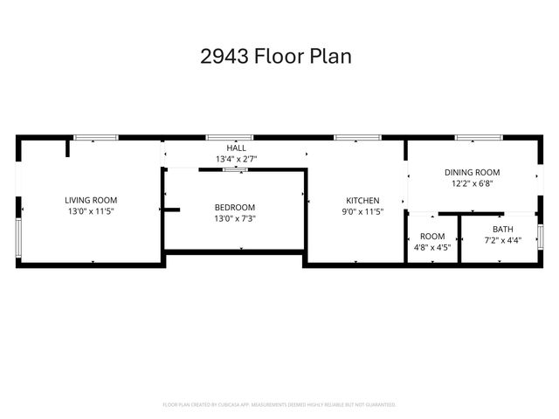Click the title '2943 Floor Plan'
pyautogui.click(x=276, y=57)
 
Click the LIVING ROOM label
pyautogui.click(x=91, y=200)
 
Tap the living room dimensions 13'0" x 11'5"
pyautogui.click(x=91, y=211)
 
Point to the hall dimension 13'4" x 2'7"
pyautogui.click(x=236, y=159)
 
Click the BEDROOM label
pyautogui.click(x=235, y=207)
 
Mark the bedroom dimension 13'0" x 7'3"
pyautogui.click(x=235, y=218)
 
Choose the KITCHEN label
pyautogui.click(x=362, y=200)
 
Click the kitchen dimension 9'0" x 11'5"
pyautogui.click(x=362, y=211)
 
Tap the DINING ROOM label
pyautogui.click(x=472, y=173)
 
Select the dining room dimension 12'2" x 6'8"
pyautogui.click(x=472, y=183)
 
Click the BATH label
pyautogui.click(x=502, y=229)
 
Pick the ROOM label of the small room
pyautogui.click(x=432, y=237)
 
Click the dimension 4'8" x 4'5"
pyautogui.click(x=432, y=247)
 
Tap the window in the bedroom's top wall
pyautogui.click(x=235, y=169)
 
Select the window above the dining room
pyautogui.click(x=477, y=137)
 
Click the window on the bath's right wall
pyautogui.click(x=542, y=236)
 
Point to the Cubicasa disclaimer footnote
pyautogui.click(x=279, y=404)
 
